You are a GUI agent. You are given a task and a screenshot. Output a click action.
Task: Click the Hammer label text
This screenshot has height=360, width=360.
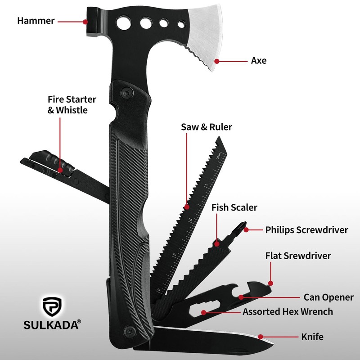(x=36, y=21)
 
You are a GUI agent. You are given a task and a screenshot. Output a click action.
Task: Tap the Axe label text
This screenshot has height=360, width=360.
(x=258, y=60)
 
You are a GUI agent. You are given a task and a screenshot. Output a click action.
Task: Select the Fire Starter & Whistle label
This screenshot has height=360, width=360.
(x=72, y=104)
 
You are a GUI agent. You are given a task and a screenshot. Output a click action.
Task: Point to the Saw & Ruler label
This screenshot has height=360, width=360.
(x=207, y=127)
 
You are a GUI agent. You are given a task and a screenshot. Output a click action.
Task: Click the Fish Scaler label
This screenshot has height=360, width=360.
(x=234, y=207)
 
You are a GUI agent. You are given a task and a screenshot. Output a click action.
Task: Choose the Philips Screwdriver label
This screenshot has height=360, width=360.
(x=306, y=230)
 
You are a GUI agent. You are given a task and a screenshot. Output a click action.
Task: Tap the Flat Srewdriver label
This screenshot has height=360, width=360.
(x=298, y=256)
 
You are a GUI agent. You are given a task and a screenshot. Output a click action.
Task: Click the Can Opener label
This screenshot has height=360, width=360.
(x=328, y=297)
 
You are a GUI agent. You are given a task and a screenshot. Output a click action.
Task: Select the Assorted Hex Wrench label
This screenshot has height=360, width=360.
(x=288, y=311)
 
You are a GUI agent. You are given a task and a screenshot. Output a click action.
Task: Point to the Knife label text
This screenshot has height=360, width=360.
(x=312, y=336)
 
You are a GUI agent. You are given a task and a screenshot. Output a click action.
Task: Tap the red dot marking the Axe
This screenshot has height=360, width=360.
(x=217, y=61)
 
